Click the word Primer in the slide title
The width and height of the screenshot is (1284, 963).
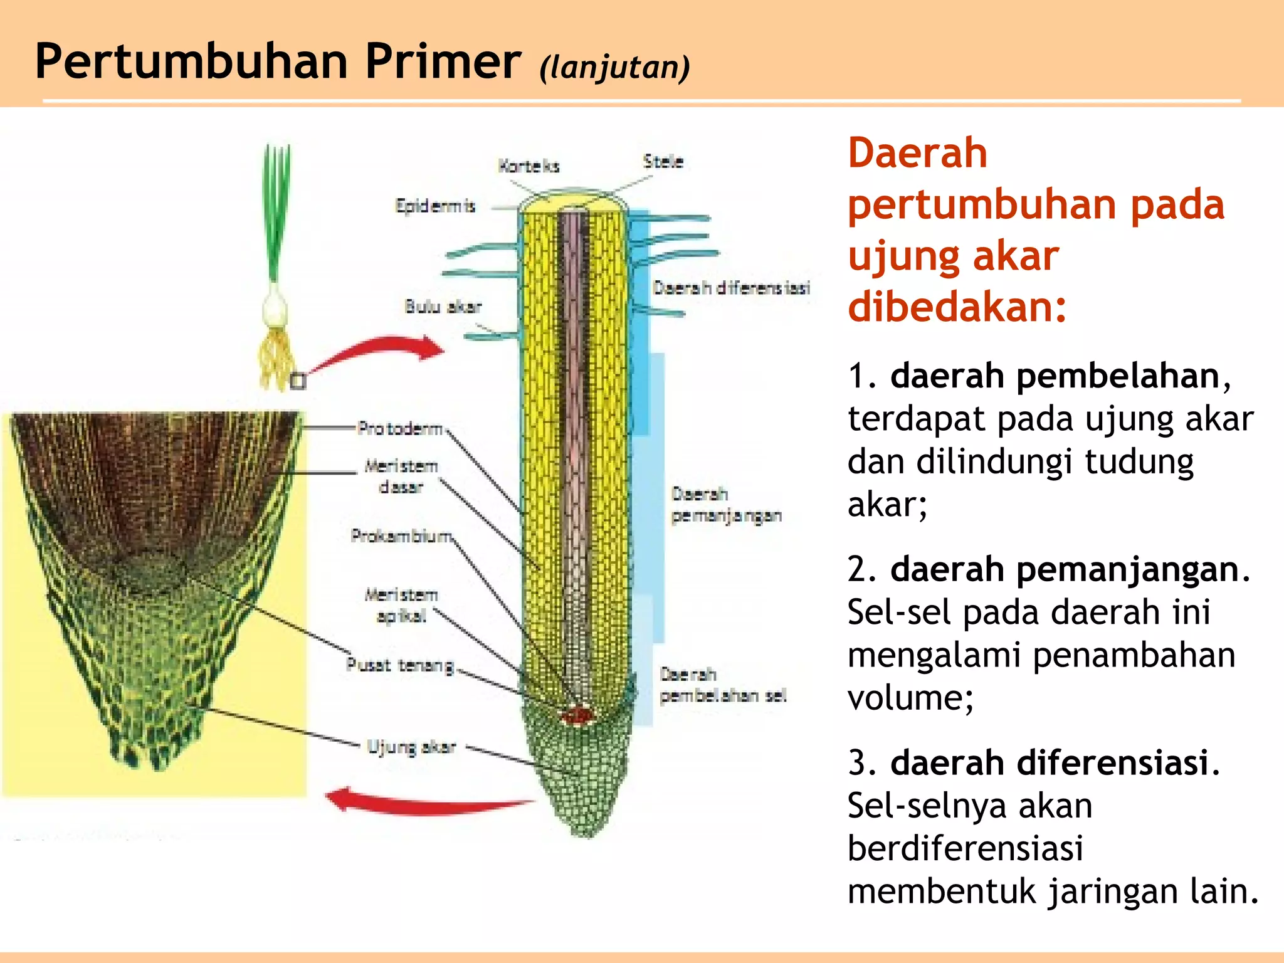tap(443, 61)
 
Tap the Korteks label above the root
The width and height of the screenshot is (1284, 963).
tap(529, 166)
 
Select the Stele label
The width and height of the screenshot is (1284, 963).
tap(663, 161)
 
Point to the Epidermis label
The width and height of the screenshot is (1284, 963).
tap(435, 206)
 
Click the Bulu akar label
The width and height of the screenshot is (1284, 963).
tap(443, 307)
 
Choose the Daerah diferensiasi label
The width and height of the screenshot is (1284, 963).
tap(731, 288)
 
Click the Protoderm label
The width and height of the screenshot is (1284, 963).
tap(400, 428)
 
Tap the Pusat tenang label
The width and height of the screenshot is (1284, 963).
tap(400, 665)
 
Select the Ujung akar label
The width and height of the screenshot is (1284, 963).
tap(411, 747)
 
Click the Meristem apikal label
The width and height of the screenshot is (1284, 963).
tap(401, 605)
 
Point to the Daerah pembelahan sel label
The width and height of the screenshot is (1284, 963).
tap(722, 685)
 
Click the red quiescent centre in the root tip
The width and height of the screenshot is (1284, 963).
tap(578, 715)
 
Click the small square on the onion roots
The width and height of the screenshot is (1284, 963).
tap(298, 381)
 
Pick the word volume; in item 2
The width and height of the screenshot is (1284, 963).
tap(910, 697)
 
